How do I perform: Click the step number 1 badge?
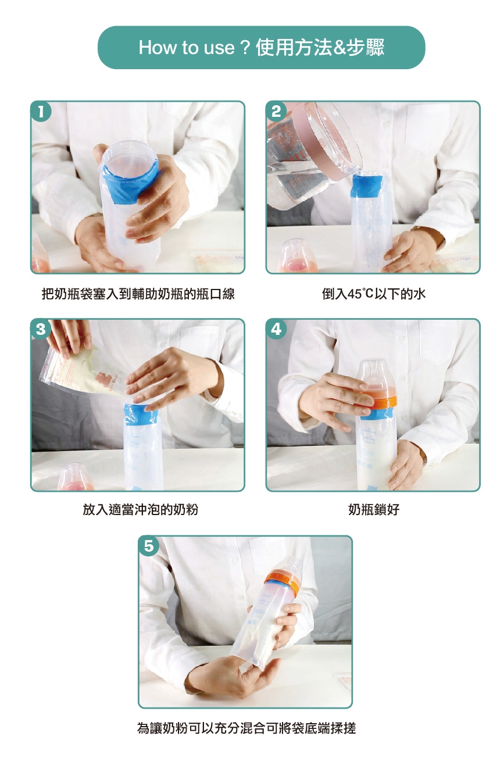pos(41,111)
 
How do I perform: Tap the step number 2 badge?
pos(276,111)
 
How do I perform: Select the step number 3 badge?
pos(41,329)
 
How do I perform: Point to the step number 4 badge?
pos(276,329)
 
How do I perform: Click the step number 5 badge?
pos(149,546)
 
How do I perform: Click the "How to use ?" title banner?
pos(262,48)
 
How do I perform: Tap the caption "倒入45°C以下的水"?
pos(374,294)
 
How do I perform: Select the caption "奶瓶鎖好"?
pos(374,509)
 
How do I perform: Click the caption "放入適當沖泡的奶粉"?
pos(140,509)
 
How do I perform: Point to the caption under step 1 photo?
pos(138,294)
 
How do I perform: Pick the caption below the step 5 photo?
pos(246,725)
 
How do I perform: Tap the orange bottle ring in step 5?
pos(282,582)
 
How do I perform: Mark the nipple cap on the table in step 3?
pos(75,477)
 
